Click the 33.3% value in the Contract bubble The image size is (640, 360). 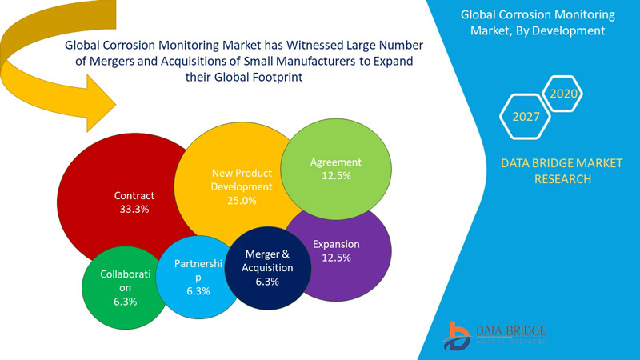[134, 209]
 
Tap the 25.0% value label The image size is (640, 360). [242, 201]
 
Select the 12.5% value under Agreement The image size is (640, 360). [336, 176]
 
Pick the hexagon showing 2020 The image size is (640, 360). [562, 94]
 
